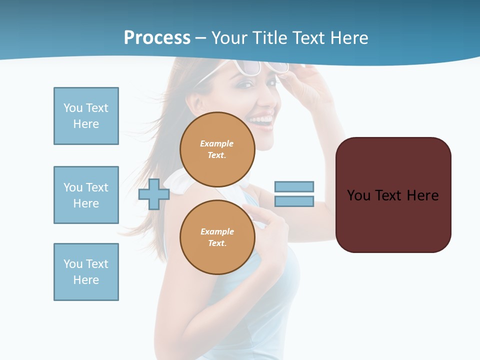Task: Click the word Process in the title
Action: (157, 38)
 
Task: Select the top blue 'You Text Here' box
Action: (86, 116)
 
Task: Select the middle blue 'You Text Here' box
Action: (86, 195)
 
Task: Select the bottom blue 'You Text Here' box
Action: (86, 272)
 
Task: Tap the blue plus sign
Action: (154, 194)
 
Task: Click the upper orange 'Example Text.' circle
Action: (217, 149)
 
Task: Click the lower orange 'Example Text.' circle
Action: (217, 237)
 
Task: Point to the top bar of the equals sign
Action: (294, 186)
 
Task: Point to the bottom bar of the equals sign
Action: (294, 201)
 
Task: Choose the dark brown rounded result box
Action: (393, 225)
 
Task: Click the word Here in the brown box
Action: (422, 195)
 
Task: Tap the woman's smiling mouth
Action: (261, 120)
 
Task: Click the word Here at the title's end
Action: (348, 38)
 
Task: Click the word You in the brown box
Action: (359, 195)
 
